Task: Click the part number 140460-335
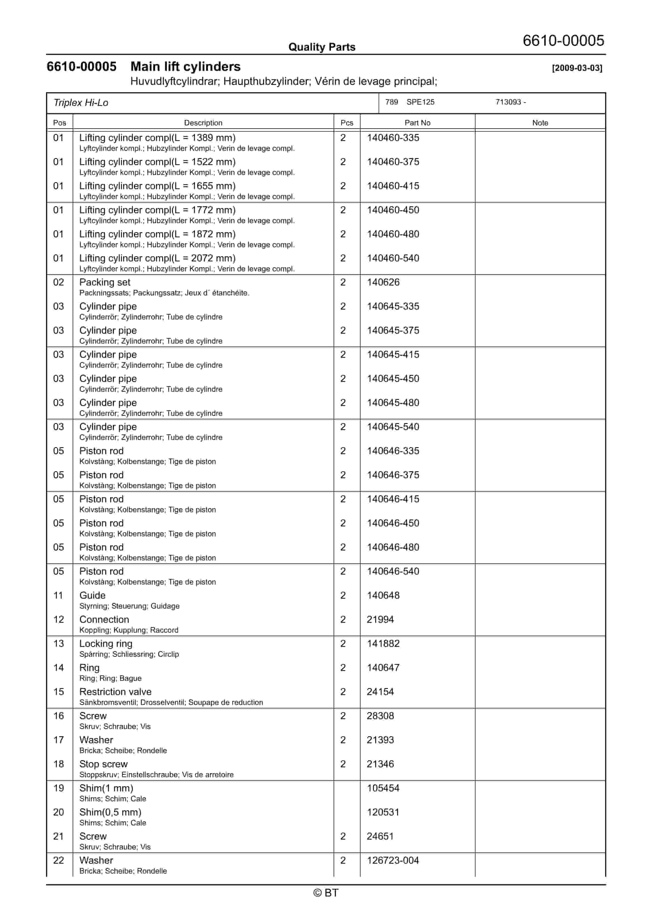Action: tap(393, 138)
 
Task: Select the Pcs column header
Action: tap(347, 123)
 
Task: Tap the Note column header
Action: tap(540, 123)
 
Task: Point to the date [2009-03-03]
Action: tap(577, 68)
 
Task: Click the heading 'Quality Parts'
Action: tap(322, 47)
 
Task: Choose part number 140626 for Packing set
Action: tap(383, 282)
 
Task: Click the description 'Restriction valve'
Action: tap(115, 692)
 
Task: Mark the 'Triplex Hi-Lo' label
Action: tap(81, 103)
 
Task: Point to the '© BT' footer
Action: tap(326, 893)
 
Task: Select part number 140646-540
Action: tap(393, 571)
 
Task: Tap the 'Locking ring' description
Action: tap(106, 643)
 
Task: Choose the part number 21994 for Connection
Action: tap(380, 619)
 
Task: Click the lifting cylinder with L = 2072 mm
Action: tap(157, 258)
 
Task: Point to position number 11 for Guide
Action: tap(59, 595)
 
